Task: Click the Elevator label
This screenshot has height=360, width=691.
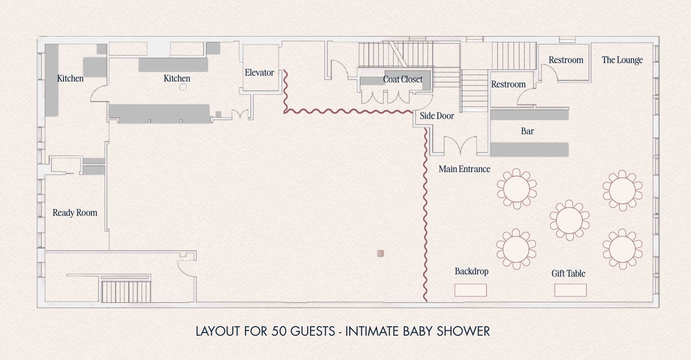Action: point(259,73)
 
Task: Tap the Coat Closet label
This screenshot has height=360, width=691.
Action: point(403,79)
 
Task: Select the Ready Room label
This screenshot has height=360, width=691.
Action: point(75,213)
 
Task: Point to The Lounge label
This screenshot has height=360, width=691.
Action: point(622,60)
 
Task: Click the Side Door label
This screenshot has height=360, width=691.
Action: point(437,116)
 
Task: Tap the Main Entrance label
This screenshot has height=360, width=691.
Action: point(464,169)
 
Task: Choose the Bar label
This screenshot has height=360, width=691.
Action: point(527,131)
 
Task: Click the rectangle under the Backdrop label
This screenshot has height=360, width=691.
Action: point(470,290)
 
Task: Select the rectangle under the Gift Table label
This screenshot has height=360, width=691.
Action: point(570,290)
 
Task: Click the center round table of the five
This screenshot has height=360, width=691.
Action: point(569,220)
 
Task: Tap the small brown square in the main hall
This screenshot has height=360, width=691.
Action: point(380,253)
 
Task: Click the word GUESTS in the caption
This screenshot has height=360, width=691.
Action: point(313,331)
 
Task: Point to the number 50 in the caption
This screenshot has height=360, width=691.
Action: point(279,331)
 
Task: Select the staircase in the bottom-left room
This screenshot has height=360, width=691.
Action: point(126,291)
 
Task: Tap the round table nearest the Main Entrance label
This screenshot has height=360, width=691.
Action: point(517,189)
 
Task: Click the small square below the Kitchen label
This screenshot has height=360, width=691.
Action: point(183,87)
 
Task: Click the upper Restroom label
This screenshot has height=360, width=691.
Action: point(566,60)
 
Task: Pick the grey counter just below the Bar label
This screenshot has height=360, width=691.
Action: point(529,150)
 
